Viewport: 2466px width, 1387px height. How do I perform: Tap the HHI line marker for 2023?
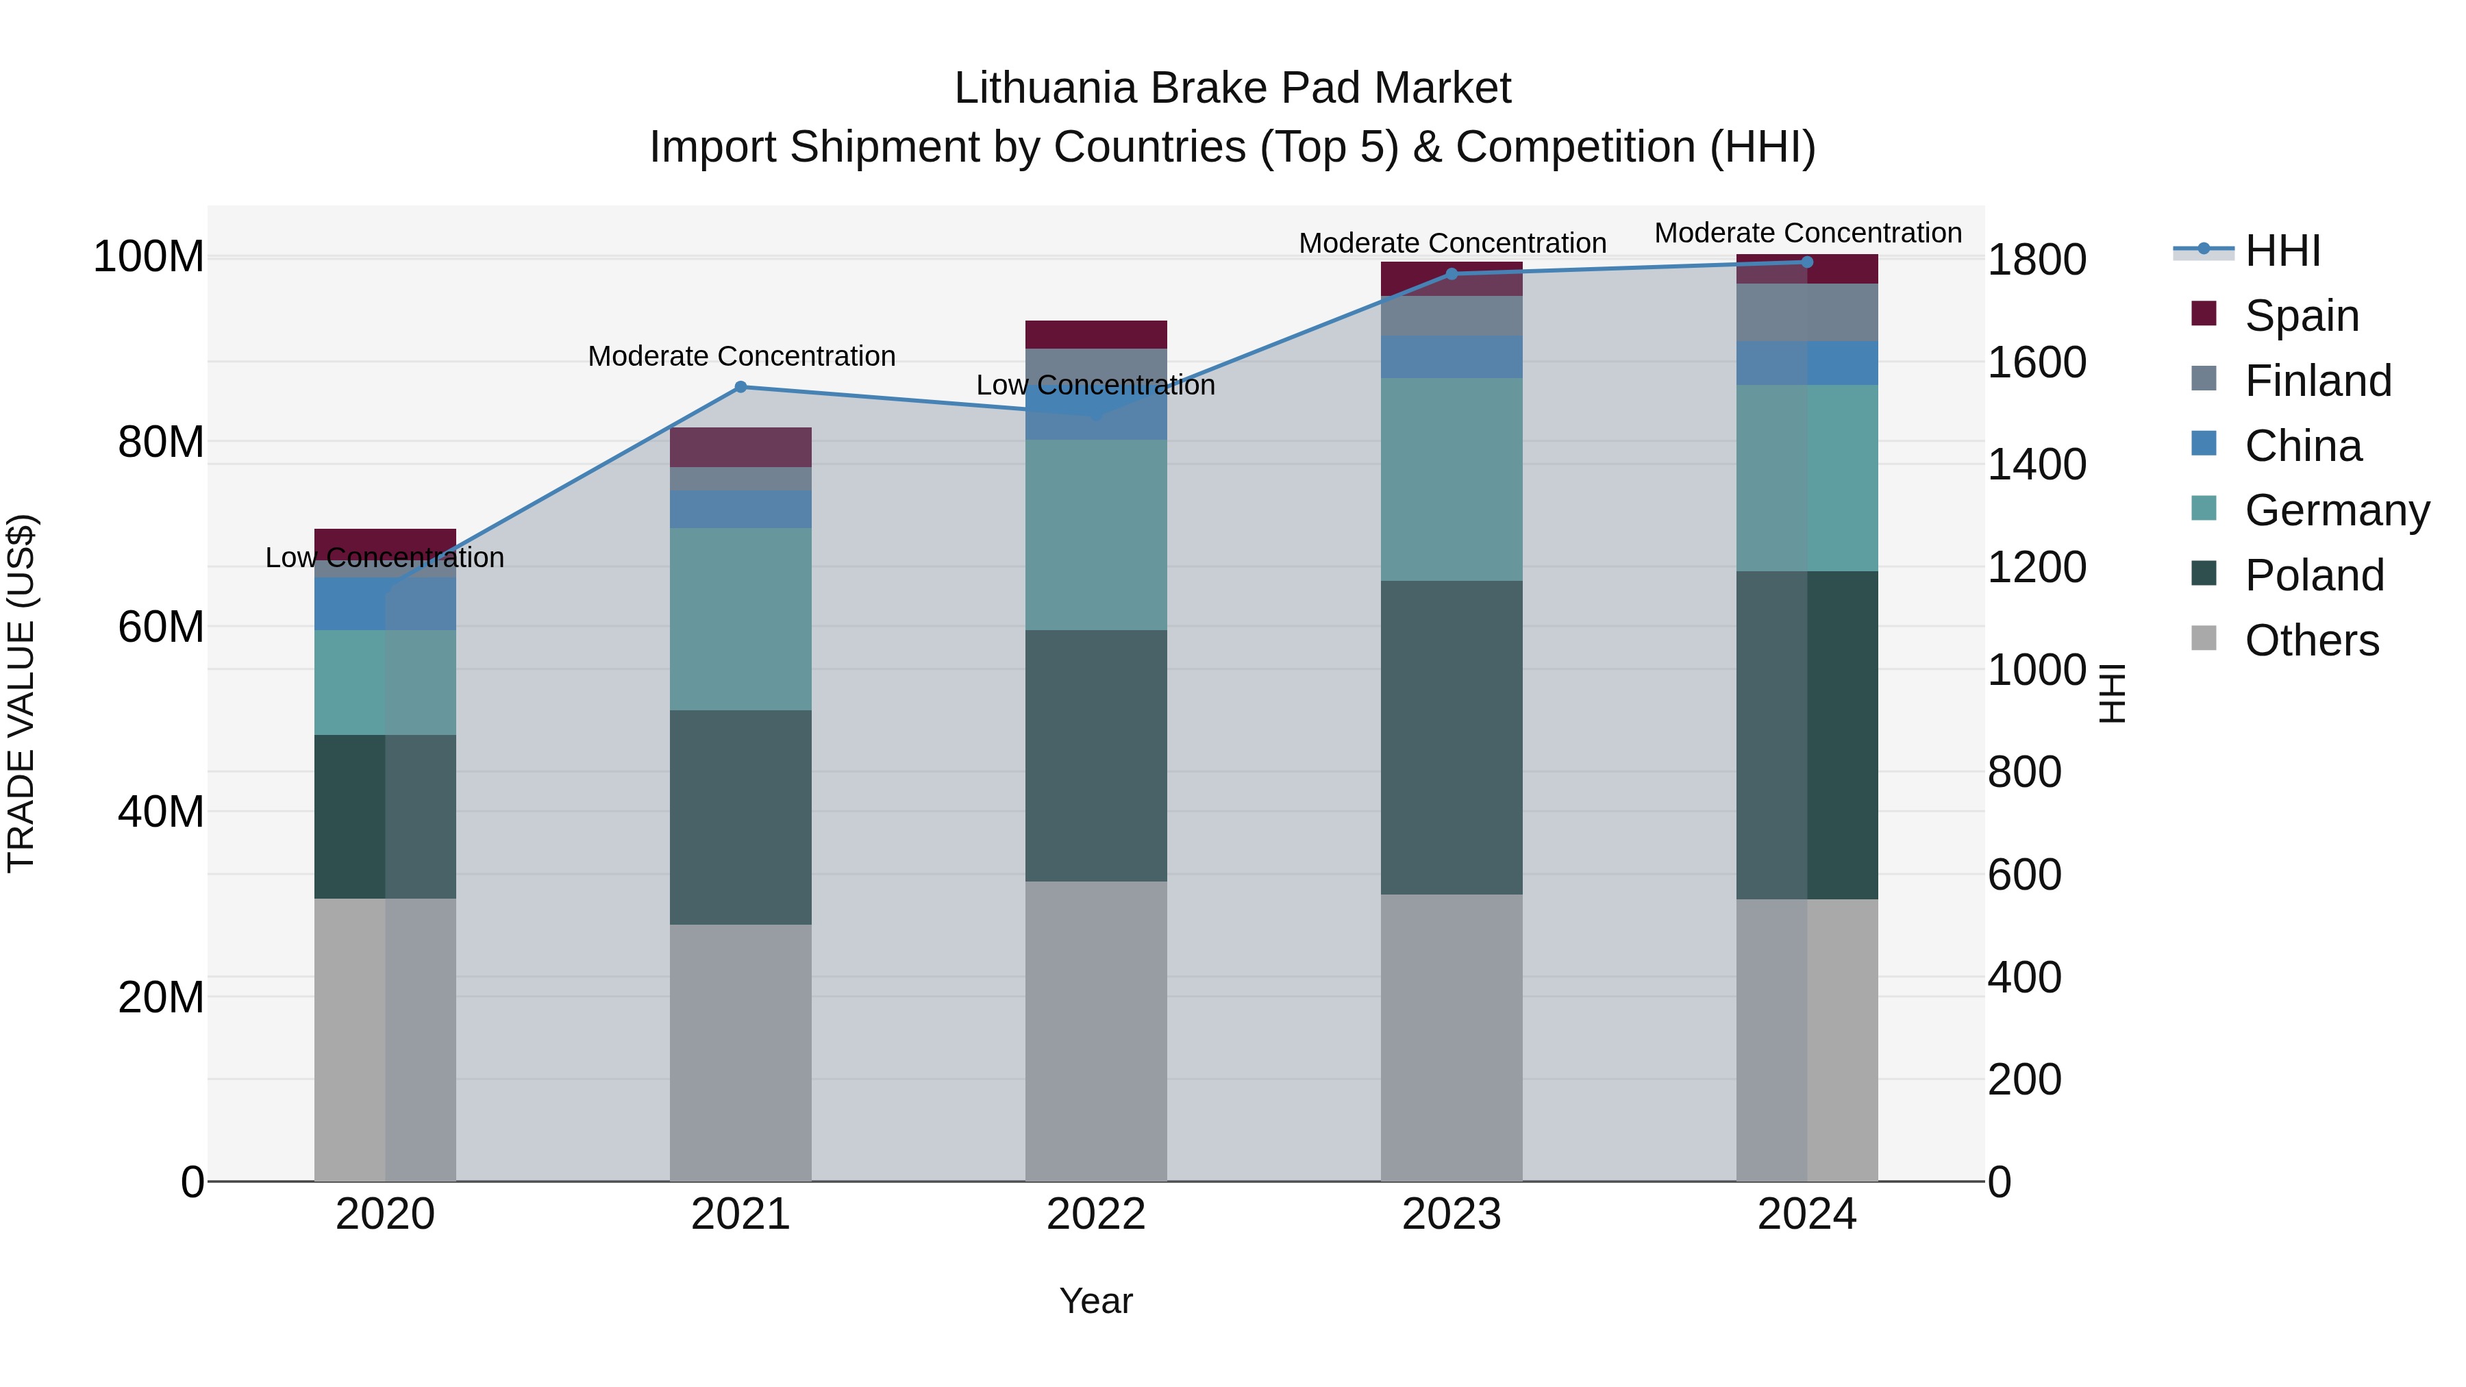1452,274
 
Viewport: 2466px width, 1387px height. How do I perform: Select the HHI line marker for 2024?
1806,262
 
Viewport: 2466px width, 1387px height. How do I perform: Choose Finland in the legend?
2317,381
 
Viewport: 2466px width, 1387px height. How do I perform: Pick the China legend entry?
2302,446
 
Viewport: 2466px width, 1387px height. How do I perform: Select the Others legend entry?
2311,640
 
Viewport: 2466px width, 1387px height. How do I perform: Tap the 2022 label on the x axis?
1096,1214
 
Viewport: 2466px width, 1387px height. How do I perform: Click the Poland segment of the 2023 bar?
1452,737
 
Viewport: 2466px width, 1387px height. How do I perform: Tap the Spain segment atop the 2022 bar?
1096,334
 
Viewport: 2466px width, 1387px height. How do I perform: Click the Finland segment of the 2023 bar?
1452,316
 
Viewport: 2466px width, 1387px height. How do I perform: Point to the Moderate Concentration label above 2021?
741,356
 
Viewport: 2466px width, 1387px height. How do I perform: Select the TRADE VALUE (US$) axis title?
21,693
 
